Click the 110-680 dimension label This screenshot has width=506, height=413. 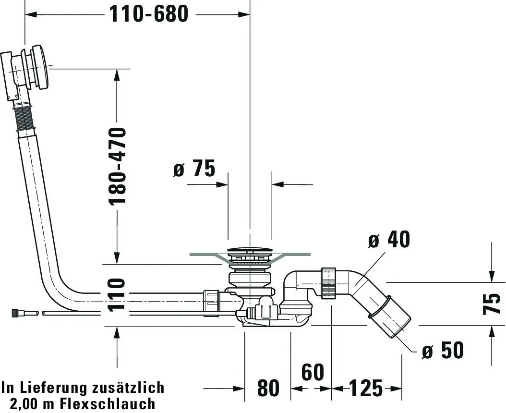(149, 14)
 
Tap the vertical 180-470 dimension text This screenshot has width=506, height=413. (118, 166)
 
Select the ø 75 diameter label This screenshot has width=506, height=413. (194, 169)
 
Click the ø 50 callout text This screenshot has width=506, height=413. (443, 351)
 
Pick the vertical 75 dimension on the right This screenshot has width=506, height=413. (492, 304)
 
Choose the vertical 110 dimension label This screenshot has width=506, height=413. (117, 296)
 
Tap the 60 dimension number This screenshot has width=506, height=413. (313, 372)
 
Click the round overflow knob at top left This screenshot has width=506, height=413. (41, 67)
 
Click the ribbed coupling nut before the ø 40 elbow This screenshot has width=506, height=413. (328, 283)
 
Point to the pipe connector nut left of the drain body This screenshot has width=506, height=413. (211, 303)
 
